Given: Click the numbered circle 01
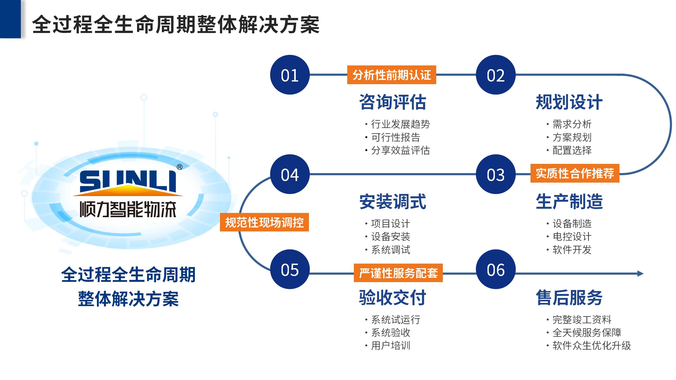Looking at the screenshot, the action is tap(290, 75).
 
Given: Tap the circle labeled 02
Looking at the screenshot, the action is tap(496, 75).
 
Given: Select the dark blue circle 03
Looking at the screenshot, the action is tap(496, 174).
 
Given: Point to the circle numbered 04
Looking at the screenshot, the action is tap(290, 174).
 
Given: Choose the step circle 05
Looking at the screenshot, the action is tap(290, 269).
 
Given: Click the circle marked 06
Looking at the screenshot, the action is tap(496, 269).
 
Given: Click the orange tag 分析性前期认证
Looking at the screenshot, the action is tap(392, 75).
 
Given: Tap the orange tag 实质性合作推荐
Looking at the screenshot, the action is tap(575, 173).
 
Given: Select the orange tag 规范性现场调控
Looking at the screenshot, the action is tap(264, 222).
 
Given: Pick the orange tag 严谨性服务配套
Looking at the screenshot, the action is tap(398, 273).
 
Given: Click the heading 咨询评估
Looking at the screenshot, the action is tap(393, 102).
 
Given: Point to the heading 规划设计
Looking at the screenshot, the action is tap(569, 102).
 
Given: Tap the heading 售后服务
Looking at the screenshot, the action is tap(569, 297).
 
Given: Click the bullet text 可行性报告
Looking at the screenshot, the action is tap(395, 137).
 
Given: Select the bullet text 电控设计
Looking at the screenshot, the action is tap(572, 236).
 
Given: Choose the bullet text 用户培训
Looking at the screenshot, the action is tap(391, 345).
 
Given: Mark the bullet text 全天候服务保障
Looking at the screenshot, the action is tap(587, 332).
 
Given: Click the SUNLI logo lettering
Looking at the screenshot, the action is tap(128, 181).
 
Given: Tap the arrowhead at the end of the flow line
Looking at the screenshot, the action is tap(641, 273).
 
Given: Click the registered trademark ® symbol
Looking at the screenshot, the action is tap(179, 167).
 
